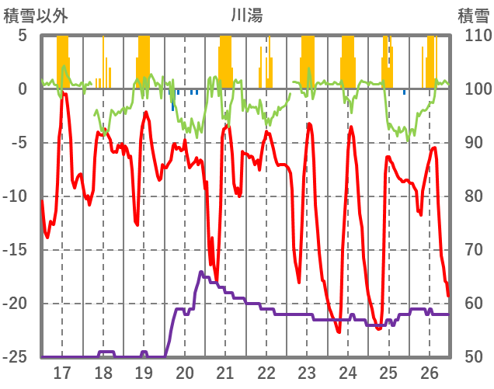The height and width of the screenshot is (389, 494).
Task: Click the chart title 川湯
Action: point(247,15)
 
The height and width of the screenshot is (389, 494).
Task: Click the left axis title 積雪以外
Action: point(35,15)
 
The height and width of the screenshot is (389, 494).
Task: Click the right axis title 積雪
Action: point(473,15)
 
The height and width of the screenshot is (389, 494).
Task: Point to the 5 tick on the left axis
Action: point(23,36)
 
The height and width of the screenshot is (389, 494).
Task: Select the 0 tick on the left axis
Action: point(23,89)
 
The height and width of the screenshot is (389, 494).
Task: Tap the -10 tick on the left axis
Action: point(17,196)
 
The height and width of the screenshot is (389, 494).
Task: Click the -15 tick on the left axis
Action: point(17,250)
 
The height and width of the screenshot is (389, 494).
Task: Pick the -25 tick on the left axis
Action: point(17,357)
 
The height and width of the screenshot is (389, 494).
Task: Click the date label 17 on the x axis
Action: point(61,372)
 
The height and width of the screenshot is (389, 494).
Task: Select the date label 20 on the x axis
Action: point(185,372)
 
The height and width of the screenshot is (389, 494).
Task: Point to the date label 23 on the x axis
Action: point(308,372)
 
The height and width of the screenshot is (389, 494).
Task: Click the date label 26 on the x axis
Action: point(430,372)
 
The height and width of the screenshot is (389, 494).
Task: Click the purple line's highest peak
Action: point(201,272)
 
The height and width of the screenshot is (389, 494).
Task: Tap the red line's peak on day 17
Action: point(65,93)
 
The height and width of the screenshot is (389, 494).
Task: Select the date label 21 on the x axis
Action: point(225,372)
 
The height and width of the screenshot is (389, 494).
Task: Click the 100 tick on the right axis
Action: point(469,89)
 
